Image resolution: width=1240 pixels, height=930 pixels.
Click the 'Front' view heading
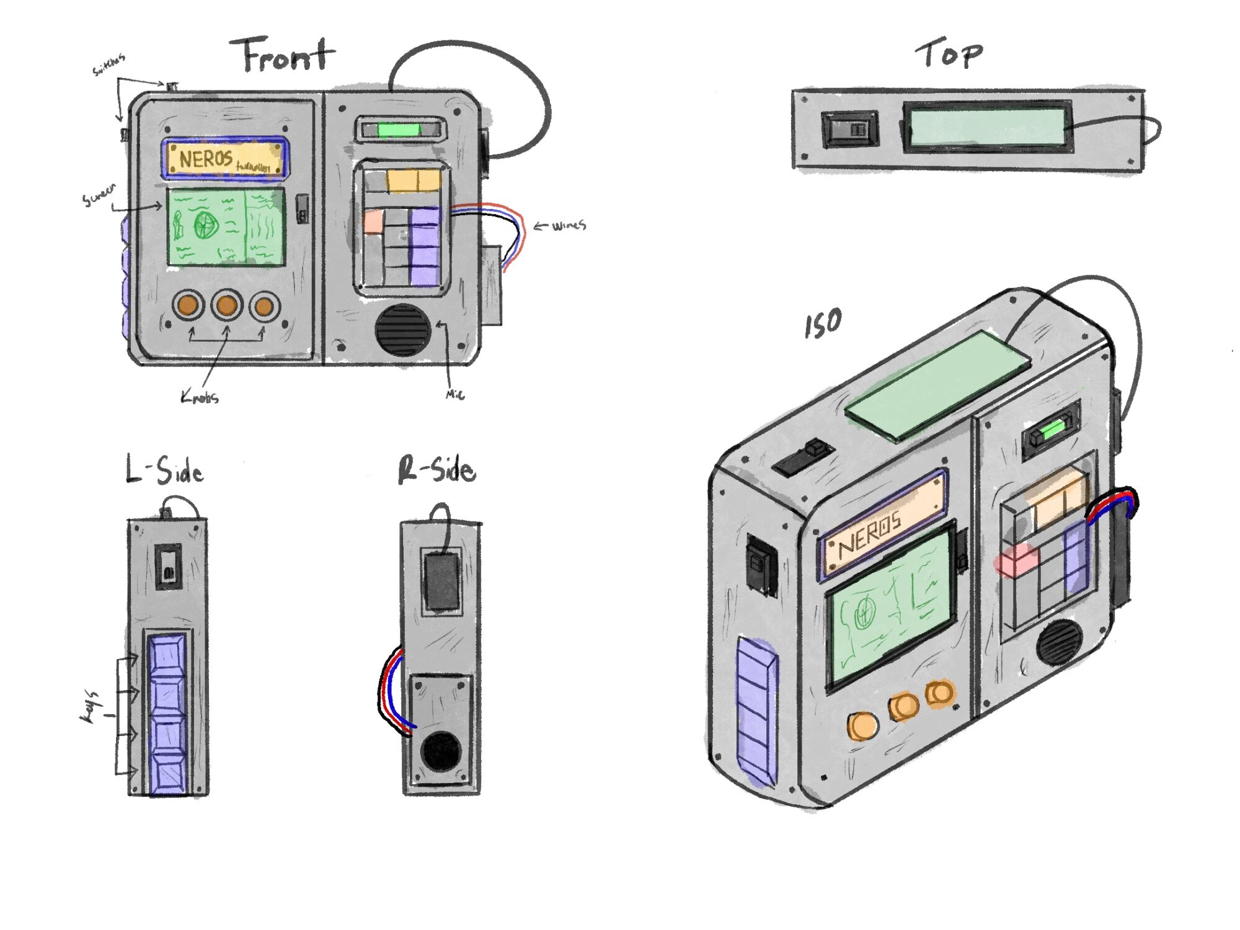(282, 56)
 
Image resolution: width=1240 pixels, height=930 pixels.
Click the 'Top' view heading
(949, 54)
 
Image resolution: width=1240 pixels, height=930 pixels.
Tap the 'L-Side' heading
(164, 470)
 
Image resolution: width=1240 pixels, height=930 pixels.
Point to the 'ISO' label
(823, 324)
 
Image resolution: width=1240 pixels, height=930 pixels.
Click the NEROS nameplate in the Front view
(224, 159)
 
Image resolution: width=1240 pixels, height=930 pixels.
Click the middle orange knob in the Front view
(226, 305)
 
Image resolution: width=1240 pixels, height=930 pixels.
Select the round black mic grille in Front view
(402, 329)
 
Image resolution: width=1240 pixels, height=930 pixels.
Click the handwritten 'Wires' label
(567, 226)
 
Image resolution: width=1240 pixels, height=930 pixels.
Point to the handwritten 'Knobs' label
(200, 397)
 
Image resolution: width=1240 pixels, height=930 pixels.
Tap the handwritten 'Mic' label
(454, 394)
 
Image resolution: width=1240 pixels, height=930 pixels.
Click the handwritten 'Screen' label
(99, 195)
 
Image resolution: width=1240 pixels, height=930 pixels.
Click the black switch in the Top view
(849, 129)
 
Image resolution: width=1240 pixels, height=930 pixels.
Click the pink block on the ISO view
(1017, 560)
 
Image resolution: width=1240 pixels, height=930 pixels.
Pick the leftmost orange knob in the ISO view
(862, 726)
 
